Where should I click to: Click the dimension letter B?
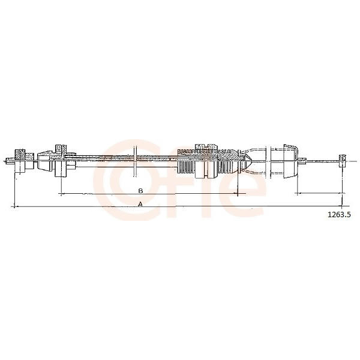141,191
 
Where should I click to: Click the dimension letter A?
140,204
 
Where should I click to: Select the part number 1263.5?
339,214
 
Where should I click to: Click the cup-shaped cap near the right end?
290,161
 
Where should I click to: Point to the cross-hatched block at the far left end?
20,154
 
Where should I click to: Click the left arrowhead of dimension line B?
61,194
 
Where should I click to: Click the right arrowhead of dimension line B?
236,194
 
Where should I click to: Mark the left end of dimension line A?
14,206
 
